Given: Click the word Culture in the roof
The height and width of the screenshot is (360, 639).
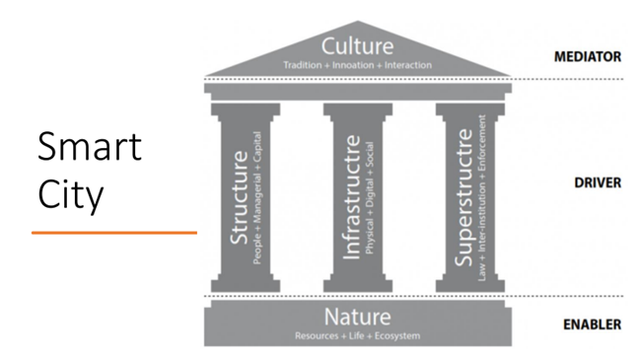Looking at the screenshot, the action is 357,46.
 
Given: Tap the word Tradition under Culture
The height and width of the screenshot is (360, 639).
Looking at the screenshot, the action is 303,65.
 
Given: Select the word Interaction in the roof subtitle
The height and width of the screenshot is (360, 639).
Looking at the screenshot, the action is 408,65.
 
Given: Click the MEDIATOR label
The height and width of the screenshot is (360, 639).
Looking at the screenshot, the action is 588,56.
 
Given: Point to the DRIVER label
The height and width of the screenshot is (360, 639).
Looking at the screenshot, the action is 598,182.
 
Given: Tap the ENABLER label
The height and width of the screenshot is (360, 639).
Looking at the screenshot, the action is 592,324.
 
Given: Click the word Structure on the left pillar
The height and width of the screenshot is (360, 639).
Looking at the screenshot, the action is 240,197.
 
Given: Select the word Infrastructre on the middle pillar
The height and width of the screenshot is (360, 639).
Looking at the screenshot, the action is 351,197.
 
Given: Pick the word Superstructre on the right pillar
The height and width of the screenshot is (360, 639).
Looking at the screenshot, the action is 463,197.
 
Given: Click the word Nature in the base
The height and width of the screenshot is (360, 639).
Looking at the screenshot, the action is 357,317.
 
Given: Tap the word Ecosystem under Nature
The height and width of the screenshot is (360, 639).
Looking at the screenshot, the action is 397,336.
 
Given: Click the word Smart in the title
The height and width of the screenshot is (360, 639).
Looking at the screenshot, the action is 90,146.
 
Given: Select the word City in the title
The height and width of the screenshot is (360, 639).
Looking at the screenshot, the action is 70,195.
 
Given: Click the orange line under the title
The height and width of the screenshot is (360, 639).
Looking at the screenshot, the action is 114,233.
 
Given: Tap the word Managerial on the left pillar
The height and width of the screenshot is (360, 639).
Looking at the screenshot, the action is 257,197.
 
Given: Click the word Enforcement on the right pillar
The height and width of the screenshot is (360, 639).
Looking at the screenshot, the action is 482,143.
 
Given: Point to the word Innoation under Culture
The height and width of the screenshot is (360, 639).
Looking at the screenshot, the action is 353,65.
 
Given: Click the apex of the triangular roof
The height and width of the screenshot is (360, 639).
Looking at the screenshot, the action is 358,21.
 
